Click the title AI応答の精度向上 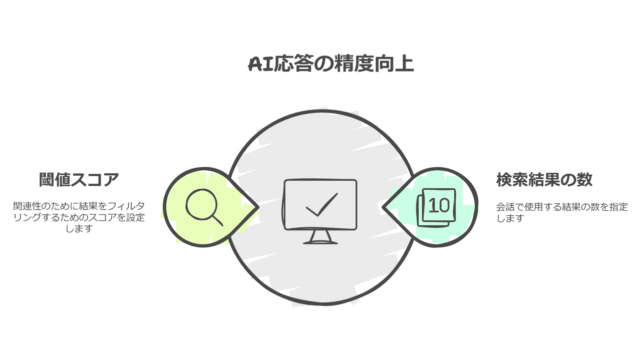(331, 65)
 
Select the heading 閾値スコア (79, 179)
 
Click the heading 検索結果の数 (544, 179)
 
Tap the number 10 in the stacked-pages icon (439, 205)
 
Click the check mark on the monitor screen (322, 206)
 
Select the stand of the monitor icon (320, 237)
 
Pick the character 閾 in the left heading (47, 179)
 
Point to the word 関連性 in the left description (27, 206)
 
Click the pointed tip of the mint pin (384, 206)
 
